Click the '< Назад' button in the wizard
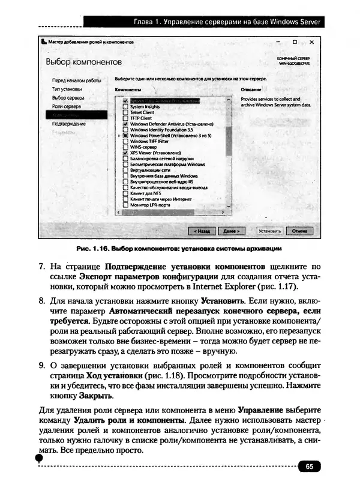point(201,230)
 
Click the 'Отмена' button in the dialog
point(298,230)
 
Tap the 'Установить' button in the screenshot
point(269,230)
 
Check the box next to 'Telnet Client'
point(125,112)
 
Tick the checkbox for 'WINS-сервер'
point(125,147)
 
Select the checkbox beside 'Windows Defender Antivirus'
point(125,124)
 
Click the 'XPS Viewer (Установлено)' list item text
point(155,153)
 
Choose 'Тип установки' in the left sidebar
point(67,88)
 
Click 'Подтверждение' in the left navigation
point(68,124)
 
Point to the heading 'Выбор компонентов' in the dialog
point(84,62)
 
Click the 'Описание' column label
point(250,89)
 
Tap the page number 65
point(309,465)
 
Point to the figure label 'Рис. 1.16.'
point(93,249)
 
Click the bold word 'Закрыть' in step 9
point(96,396)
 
